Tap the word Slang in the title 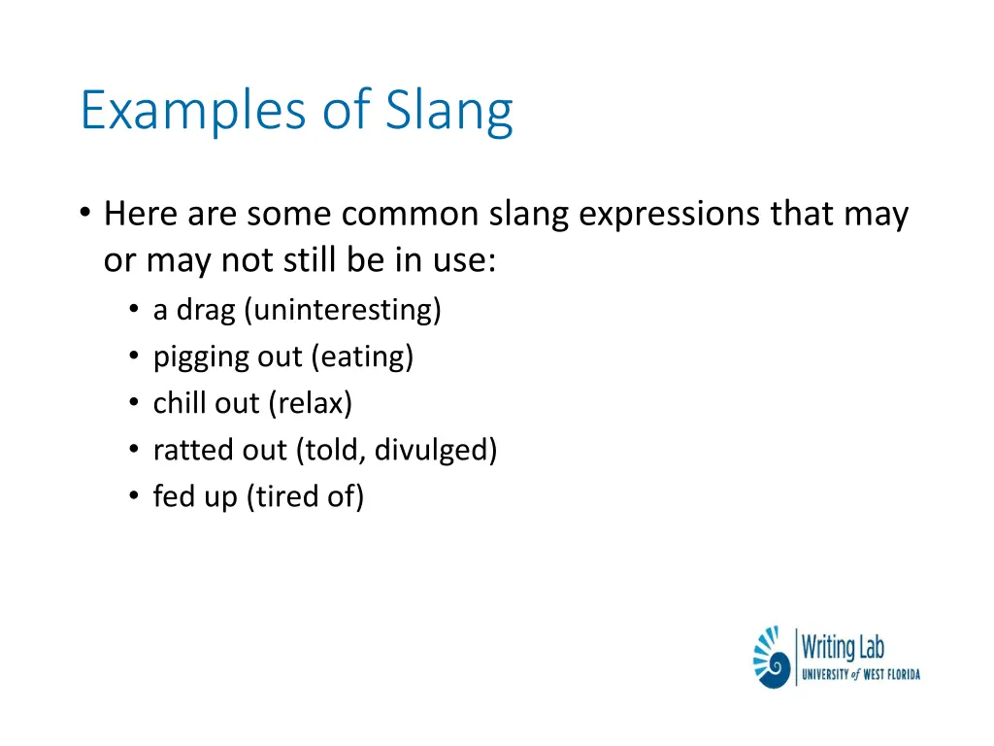pos(449,111)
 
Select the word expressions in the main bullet pos(670,214)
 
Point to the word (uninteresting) pos(343,310)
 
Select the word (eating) pos(362,356)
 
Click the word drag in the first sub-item pos(206,311)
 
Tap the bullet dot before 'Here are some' pos(85,214)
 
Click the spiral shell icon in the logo pos(773,658)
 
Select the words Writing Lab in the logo pos(843,647)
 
